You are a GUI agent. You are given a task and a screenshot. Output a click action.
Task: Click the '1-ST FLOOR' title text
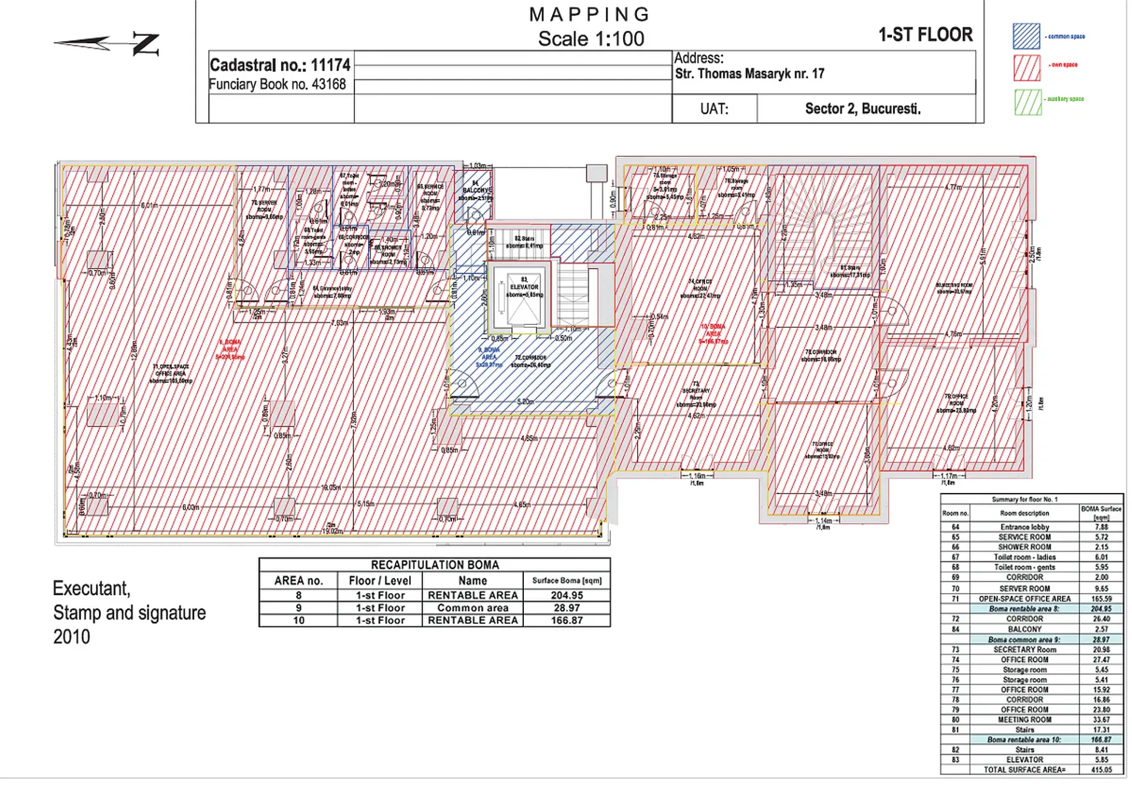pyautogui.click(x=925, y=35)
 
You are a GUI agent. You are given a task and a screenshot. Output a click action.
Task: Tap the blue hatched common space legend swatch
pyautogui.click(x=1026, y=36)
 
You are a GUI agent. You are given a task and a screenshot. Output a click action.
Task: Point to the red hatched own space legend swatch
pyautogui.click(x=1026, y=67)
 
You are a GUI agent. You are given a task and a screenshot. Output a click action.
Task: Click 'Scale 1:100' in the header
pyautogui.click(x=590, y=39)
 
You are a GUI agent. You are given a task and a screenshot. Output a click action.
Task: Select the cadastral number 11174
pyautogui.click(x=330, y=65)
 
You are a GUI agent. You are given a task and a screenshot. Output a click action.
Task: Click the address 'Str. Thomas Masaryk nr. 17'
pyautogui.click(x=749, y=74)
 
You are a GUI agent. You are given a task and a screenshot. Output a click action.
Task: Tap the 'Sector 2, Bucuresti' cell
pyautogui.click(x=862, y=109)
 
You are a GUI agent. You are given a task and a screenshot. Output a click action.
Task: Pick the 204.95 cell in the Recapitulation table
pyautogui.click(x=566, y=596)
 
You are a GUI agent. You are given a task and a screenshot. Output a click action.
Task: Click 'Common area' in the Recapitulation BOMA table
pyautogui.click(x=473, y=608)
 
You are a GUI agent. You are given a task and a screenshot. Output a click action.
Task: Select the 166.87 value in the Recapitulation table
pyautogui.click(x=566, y=620)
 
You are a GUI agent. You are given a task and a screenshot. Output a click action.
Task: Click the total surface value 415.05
pyautogui.click(x=1101, y=769)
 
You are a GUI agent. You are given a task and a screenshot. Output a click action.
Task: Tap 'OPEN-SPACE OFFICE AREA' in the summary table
pyautogui.click(x=1024, y=598)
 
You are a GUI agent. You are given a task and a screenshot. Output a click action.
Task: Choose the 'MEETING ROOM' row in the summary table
pyautogui.click(x=1024, y=719)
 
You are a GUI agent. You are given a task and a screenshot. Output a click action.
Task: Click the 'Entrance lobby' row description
pyautogui.click(x=1024, y=527)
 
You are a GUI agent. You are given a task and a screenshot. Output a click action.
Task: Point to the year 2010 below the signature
pyautogui.click(x=71, y=637)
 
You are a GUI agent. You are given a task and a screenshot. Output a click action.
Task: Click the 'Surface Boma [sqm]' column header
pyautogui.click(x=566, y=581)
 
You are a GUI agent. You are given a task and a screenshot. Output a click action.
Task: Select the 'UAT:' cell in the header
pyautogui.click(x=714, y=109)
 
